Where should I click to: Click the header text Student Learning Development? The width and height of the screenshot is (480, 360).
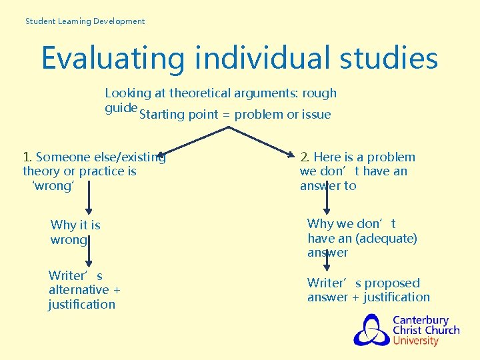[x=85, y=21]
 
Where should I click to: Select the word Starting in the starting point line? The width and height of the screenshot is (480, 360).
[x=162, y=115]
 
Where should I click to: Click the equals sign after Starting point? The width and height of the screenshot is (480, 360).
[x=226, y=115]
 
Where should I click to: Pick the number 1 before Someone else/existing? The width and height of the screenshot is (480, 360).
[x=27, y=157]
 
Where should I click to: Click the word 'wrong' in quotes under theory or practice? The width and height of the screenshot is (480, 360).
[x=53, y=186]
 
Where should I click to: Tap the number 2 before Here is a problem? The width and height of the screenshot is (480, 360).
[x=304, y=157]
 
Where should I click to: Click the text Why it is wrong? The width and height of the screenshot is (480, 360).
[x=75, y=233]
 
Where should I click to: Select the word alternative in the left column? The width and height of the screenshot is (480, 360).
[x=78, y=290]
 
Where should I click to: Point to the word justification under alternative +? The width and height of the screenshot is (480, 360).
[x=81, y=305]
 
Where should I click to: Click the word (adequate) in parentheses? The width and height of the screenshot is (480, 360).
[x=388, y=239]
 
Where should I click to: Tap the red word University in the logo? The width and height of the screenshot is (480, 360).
[x=415, y=341]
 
